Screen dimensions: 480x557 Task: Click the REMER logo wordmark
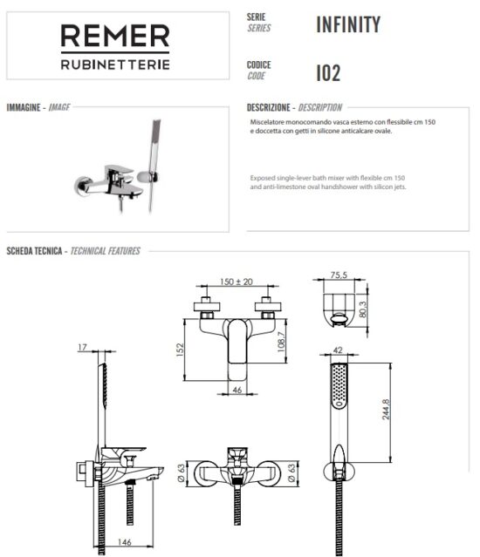(x=115, y=36)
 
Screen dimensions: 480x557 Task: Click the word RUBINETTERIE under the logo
(x=115, y=65)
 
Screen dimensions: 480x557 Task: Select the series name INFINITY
(x=348, y=24)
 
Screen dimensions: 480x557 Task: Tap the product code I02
(x=328, y=73)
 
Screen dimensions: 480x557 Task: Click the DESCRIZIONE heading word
(x=269, y=107)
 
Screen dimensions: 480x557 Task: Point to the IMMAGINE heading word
(x=24, y=107)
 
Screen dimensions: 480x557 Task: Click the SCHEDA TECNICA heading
(x=35, y=251)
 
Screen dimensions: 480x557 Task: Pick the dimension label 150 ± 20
(x=237, y=282)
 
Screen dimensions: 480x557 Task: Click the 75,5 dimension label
(x=339, y=275)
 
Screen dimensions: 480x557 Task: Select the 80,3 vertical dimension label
(x=362, y=309)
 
